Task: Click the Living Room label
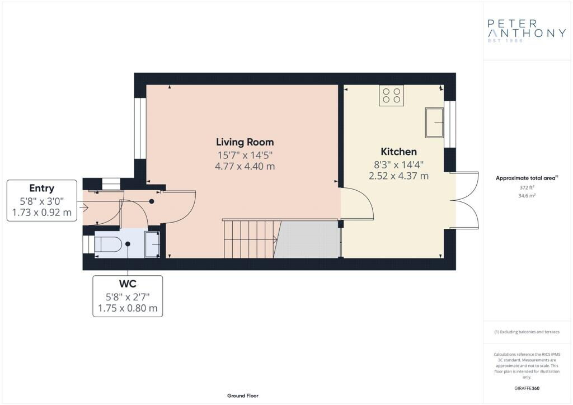click(x=245, y=142)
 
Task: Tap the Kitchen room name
click(x=398, y=152)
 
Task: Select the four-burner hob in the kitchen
click(x=391, y=95)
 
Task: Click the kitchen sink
click(x=434, y=122)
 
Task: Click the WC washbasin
click(x=152, y=244)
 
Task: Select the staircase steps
click(x=249, y=239)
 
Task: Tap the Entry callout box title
click(x=42, y=188)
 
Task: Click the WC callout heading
click(x=128, y=284)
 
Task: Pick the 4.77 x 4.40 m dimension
click(x=245, y=166)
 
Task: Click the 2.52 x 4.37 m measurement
click(x=398, y=176)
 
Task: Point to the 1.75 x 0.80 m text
click(x=128, y=308)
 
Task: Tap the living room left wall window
click(x=140, y=129)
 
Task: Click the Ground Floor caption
click(x=243, y=395)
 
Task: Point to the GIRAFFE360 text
click(x=527, y=388)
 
